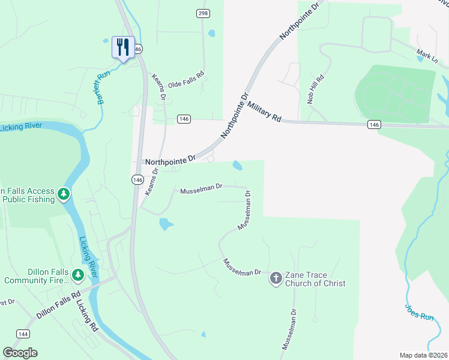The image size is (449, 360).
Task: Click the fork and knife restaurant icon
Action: [122, 47]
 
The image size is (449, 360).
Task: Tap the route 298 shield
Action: [203, 13]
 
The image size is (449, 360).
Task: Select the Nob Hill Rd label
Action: [316, 89]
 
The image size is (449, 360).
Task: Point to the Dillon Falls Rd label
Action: [58, 305]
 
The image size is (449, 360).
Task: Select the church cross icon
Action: [276, 277]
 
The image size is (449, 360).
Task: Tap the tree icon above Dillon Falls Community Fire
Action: [77, 275]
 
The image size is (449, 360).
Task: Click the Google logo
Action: [20, 353]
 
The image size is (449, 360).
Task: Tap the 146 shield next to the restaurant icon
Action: [138, 48]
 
